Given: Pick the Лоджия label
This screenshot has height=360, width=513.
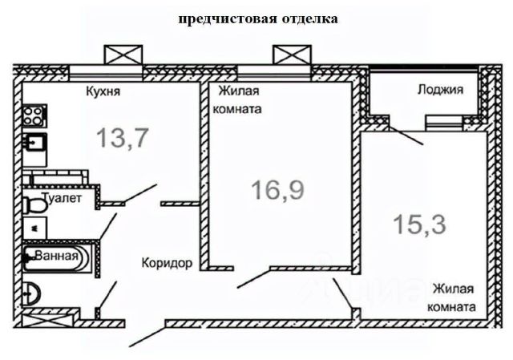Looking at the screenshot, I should click(440, 91).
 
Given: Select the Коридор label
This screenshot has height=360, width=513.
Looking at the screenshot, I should click(167, 263).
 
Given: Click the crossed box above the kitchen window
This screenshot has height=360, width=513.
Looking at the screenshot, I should click(123, 55).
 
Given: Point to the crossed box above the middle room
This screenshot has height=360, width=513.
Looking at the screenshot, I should click(290, 55).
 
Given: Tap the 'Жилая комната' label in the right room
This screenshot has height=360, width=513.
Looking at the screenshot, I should click(454, 297).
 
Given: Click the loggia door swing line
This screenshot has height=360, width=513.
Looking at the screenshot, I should click(406, 135).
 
